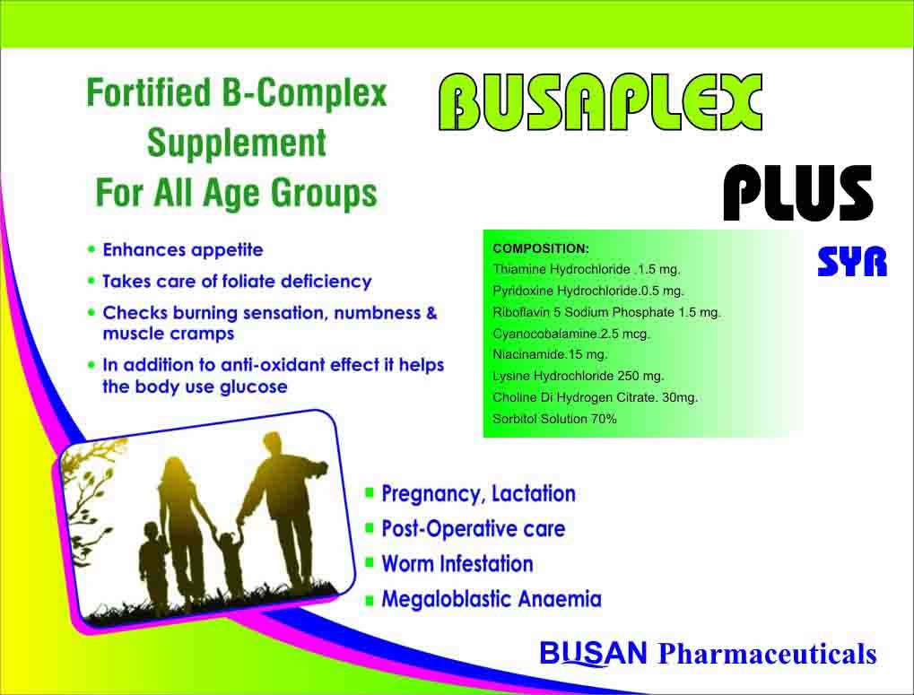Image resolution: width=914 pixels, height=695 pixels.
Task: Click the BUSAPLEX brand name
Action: [600, 102]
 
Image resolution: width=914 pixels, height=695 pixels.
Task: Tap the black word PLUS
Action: [798, 192]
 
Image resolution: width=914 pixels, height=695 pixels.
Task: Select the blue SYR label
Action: [852, 262]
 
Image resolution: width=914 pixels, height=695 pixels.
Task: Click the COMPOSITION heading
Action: [541, 248]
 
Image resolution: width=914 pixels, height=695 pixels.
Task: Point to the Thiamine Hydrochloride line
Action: [587, 270]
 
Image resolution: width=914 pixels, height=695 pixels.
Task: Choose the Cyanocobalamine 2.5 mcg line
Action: [571, 334]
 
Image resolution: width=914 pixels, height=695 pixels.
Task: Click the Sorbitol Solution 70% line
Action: [554, 419]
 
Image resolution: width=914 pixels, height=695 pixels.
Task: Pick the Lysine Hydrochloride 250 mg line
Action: [579, 377]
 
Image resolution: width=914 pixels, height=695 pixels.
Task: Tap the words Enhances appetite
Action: [183, 250]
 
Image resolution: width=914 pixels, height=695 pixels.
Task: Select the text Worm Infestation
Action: [457, 564]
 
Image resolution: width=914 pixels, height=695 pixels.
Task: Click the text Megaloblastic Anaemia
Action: [492, 599]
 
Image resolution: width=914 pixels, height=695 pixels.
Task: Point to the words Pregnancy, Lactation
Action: [479, 494]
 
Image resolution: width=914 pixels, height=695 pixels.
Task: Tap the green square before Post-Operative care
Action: [369, 528]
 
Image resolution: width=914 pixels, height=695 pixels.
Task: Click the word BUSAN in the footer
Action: [594, 653]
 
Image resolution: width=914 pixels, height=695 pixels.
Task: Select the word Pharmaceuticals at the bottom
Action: [767, 654]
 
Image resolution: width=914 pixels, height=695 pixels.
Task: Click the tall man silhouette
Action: [285, 507]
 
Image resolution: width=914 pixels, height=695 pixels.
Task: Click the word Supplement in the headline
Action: [237, 143]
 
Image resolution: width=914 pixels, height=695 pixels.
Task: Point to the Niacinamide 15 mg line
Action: [550, 355]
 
